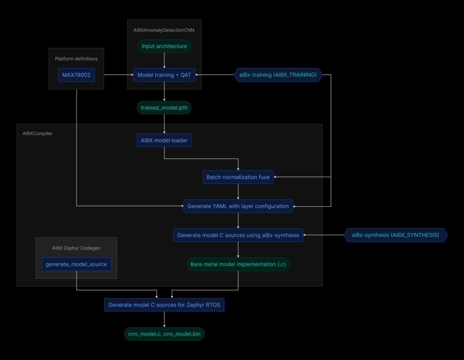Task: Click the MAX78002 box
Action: [x=76, y=75]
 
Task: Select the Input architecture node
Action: [x=164, y=46]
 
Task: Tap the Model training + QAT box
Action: [x=164, y=75]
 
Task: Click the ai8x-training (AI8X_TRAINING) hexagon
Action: [x=278, y=75]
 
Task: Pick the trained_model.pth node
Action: [x=164, y=108]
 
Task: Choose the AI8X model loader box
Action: [x=164, y=141]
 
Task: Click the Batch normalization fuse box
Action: [x=238, y=177]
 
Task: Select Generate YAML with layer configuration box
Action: [x=238, y=206]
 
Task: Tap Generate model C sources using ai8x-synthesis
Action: [x=238, y=235]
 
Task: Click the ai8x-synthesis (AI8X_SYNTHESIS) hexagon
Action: [x=395, y=235]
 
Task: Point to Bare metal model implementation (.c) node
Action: [x=238, y=264]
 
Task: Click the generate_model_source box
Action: [x=76, y=264]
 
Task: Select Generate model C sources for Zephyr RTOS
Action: [x=164, y=305]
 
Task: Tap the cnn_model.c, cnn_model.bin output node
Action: [x=164, y=334]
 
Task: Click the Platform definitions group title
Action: [x=76, y=59]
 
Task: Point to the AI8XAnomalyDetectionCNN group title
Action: [x=164, y=30]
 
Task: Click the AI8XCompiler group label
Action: [x=38, y=134]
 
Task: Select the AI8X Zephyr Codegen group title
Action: [x=76, y=248]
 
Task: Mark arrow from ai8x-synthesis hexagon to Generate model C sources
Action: [x=324, y=235]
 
